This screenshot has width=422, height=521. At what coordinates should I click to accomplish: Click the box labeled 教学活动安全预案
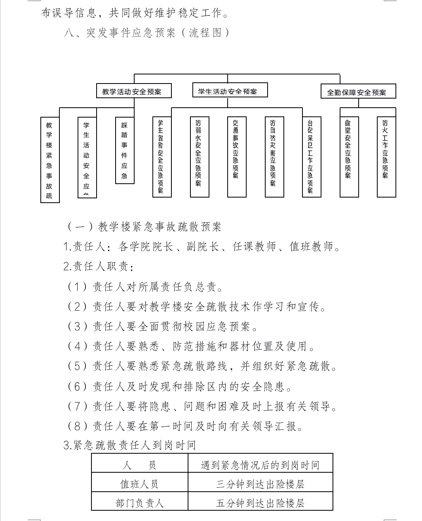click(x=134, y=91)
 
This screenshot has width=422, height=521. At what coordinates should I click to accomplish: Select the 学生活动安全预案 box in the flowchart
click(x=230, y=91)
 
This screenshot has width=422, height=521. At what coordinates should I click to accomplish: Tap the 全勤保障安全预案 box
click(x=358, y=92)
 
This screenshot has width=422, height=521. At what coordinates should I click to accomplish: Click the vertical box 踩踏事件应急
click(x=125, y=150)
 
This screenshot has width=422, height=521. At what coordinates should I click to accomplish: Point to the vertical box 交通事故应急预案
click(x=237, y=157)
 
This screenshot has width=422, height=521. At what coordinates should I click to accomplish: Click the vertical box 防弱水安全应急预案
click(x=200, y=157)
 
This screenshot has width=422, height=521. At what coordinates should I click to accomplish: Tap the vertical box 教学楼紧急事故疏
click(x=50, y=160)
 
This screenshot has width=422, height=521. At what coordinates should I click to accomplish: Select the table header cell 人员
click(x=139, y=464)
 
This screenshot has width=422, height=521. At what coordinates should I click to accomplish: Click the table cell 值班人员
click(x=139, y=483)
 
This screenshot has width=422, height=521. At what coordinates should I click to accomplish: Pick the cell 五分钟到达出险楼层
click(x=260, y=502)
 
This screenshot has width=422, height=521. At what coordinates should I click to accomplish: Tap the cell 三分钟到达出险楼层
click(x=260, y=483)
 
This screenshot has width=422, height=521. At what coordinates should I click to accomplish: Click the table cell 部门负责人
click(x=139, y=502)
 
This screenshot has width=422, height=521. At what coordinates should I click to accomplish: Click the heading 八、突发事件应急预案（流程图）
click(x=146, y=32)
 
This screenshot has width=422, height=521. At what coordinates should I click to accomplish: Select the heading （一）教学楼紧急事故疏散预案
click(x=144, y=226)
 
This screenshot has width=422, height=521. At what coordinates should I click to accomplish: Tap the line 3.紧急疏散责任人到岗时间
click(x=130, y=445)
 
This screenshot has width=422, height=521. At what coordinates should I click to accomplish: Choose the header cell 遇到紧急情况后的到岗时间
click(x=260, y=464)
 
